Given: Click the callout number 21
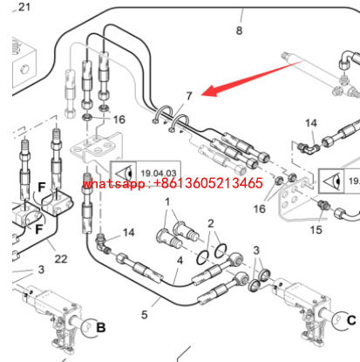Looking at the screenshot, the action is pyautogui.click(x=24, y=7).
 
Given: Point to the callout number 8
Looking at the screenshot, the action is pyautogui.click(x=239, y=31).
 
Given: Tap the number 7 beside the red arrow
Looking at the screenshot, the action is pyautogui.click(x=189, y=96).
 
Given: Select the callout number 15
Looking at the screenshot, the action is pyautogui.click(x=316, y=230).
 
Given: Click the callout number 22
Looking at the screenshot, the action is pyautogui.click(x=61, y=258).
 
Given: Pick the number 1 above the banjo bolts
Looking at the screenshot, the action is pyautogui.click(x=167, y=201).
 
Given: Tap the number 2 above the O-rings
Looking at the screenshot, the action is pyautogui.click(x=211, y=223).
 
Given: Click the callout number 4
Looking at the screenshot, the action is pyautogui.click(x=180, y=261).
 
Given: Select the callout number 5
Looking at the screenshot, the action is pyautogui.click(x=145, y=315).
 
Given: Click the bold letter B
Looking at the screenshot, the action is pyautogui.click(x=100, y=328).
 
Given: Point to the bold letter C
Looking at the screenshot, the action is pyautogui.click(x=351, y=320).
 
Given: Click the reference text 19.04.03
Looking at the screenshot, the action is pyautogui.click(x=159, y=174).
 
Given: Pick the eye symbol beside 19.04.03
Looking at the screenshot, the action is pyautogui.click(x=126, y=174).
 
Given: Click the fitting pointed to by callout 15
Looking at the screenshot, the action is pyautogui.click(x=323, y=205).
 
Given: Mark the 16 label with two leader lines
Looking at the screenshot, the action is pyautogui.click(x=260, y=208).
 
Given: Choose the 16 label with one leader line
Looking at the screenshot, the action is pyautogui.click(x=119, y=120).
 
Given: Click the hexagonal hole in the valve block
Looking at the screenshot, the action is pyautogui.click(x=24, y=70).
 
